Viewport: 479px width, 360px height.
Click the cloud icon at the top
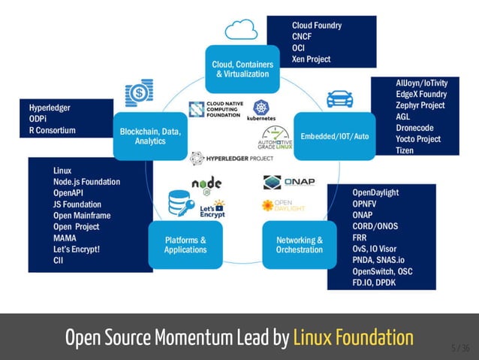point(241,30)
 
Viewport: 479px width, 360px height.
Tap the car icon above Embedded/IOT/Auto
point(339,99)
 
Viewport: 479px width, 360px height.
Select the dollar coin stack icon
point(140,93)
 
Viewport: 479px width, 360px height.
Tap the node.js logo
point(206,184)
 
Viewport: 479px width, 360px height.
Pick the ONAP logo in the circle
point(289,183)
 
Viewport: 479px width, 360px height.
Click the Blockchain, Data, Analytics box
point(150,136)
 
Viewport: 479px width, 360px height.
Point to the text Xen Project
point(311,59)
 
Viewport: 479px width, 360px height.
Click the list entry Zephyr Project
point(420,105)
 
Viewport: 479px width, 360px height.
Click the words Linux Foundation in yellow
point(353,337)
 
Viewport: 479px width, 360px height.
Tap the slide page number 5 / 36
point(460,348)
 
